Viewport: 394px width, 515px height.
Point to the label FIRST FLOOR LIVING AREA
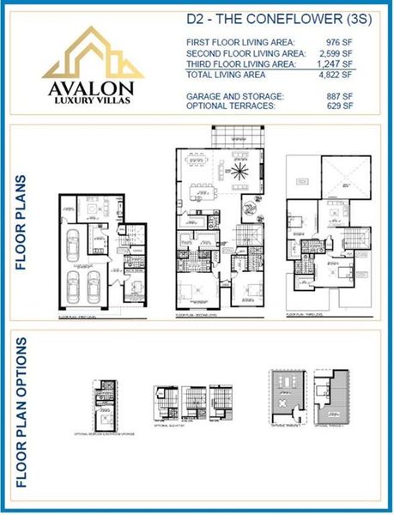239,42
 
